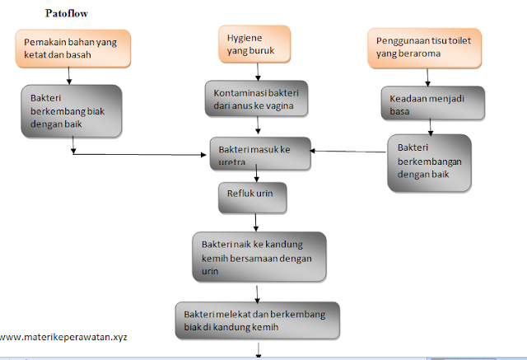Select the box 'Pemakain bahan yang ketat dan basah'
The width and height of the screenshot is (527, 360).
[x=68, y=48]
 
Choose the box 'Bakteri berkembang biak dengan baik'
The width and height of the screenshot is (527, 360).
[x=70, y=110]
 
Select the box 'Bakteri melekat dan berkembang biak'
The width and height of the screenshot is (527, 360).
[x=256, y=319]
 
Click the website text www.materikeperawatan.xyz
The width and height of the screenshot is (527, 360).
[x=63, y=336]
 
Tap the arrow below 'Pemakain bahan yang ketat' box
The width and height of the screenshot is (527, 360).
[x=69, y=76]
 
